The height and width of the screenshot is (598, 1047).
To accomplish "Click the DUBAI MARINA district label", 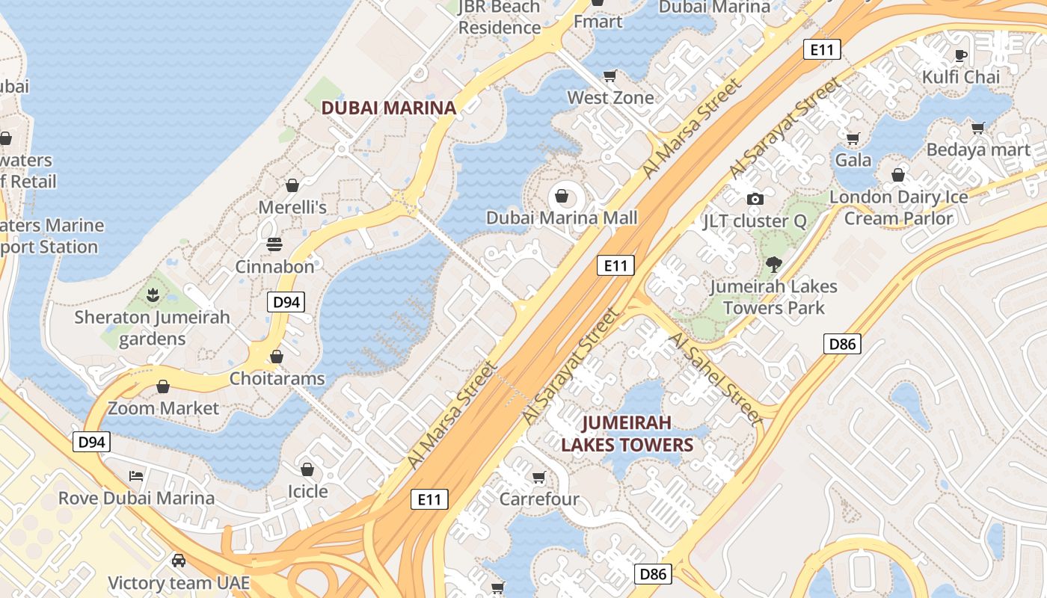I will click(388, 108).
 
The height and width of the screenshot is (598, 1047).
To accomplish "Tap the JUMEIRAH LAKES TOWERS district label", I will click(627, 434).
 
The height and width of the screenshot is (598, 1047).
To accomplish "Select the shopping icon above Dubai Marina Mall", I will click(561, 197).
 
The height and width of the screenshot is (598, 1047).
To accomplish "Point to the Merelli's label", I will click(292, 207).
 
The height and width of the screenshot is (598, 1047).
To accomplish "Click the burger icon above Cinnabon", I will click(274, 244).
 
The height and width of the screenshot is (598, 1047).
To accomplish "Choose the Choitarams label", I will click(277, 378).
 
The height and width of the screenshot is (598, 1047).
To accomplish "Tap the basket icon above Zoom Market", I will click(162, 386).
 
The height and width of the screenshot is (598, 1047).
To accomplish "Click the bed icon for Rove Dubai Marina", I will click(135, 475).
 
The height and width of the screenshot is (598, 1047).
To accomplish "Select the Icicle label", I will click(307, 491).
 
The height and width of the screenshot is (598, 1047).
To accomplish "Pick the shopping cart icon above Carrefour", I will click(538, 477).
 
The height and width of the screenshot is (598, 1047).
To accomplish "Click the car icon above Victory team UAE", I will click(178, 561).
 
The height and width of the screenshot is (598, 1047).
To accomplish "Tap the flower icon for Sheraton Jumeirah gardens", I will click(153, 295).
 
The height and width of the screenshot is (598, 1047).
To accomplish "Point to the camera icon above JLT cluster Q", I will click(755, 199).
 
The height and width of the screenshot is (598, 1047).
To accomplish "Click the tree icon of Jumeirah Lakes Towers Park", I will click(773, 263).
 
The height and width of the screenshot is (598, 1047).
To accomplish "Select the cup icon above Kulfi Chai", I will click(961, 55).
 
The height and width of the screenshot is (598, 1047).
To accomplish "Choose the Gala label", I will click(853, 160).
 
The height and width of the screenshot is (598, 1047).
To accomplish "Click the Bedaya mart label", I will click(977, 150).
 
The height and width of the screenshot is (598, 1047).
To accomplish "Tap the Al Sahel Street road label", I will click(716, 380).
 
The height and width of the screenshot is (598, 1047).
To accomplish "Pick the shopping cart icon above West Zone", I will click(610, 75).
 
